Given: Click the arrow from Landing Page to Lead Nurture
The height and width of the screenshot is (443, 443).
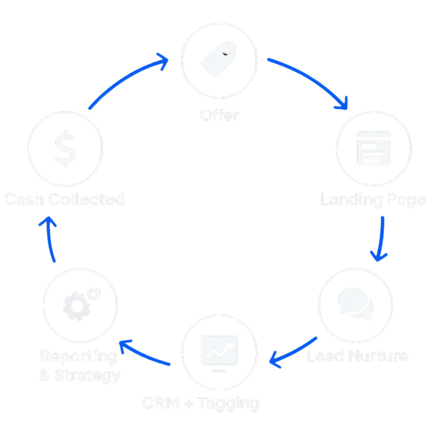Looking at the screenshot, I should (x=381, y=240).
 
